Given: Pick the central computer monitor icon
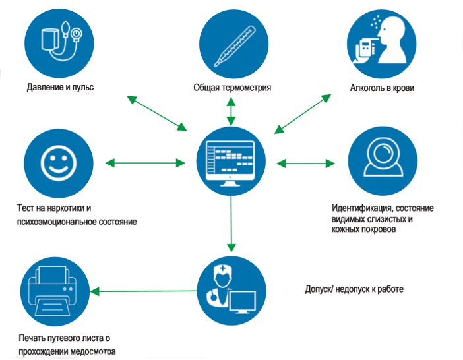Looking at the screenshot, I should [x=231, y=162].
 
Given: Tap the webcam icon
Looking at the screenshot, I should [x=381, y=162].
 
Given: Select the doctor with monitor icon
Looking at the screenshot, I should [x=231, y=291].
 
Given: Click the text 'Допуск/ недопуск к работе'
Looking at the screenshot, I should [x=354, y=289].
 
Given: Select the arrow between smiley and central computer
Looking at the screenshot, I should [x=144, y=162].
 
